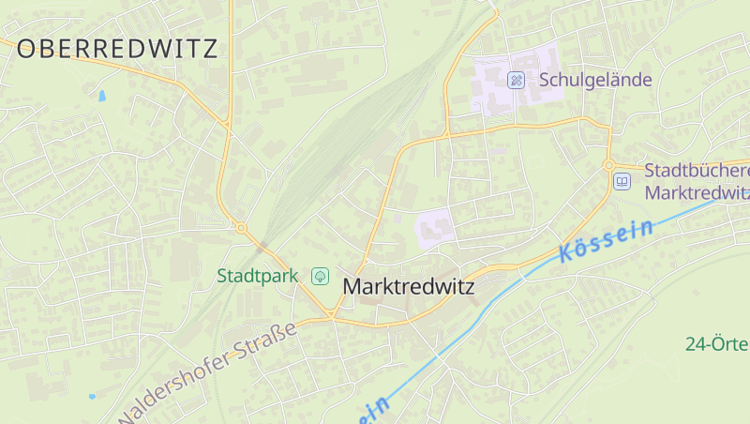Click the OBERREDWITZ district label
pos(117,49)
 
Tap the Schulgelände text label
pos(594,81)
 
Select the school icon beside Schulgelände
pos(515,81)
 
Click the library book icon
pos(622,181)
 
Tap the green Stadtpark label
pos(257,276)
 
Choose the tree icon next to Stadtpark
pos(321,276)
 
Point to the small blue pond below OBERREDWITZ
pos(101,95)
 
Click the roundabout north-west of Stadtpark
pos(241,227)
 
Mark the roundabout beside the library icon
pos(610,165)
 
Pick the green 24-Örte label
pos(717,343)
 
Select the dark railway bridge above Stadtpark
pos(262,246)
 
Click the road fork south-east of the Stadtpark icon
pos(333,316)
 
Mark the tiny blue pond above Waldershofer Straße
pos(92,396)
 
